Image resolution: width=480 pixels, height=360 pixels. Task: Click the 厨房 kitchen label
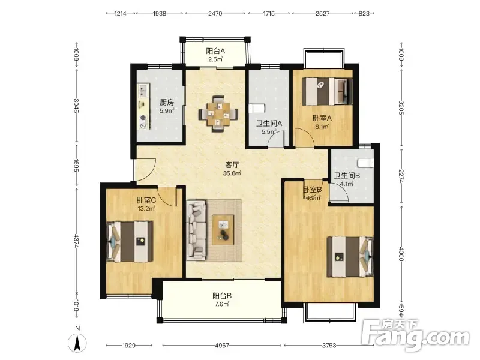(167, 102)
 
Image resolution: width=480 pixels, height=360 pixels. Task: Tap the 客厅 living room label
(232, 165)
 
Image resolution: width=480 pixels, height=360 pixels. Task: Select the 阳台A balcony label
(215, 51)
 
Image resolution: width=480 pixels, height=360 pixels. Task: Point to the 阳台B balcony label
(222, 296)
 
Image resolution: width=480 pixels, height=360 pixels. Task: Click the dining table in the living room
(218, 114)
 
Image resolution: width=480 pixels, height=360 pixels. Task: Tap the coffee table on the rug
(223, 230)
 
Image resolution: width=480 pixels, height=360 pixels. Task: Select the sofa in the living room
(196, 230)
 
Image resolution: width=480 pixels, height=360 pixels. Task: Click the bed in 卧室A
(327, 91)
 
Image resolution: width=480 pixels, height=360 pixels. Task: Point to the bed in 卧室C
(130, 242)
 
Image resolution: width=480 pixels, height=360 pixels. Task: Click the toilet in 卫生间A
(257, 109)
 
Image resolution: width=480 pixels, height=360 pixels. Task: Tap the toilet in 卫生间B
(367, 163)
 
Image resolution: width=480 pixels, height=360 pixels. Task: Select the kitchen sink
(143, 91)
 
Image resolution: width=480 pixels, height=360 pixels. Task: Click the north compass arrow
(77, 343)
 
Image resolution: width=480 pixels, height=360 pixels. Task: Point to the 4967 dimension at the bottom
(222, 346)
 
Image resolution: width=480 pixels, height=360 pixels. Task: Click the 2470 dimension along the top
(215, 13)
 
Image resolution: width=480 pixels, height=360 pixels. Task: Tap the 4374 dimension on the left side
(77, 241)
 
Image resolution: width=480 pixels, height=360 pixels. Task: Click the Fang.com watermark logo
(415, 335)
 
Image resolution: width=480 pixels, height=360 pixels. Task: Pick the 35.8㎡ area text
(232, 173)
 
